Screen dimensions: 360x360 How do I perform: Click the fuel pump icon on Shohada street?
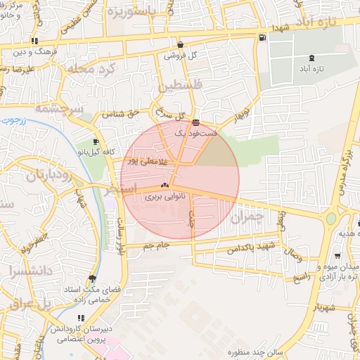coord(262,37)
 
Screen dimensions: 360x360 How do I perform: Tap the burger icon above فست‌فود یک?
coord(195,122)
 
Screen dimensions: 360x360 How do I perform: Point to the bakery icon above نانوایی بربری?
coord(165,186)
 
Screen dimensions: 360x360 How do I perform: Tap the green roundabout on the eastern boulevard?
coord(330,218)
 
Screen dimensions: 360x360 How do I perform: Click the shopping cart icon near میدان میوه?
coord(338,256)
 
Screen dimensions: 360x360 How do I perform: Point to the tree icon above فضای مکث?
coord(93,278)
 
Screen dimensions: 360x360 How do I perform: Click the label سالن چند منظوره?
coord(255,352)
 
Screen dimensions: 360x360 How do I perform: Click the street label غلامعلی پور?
coord(148,161)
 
